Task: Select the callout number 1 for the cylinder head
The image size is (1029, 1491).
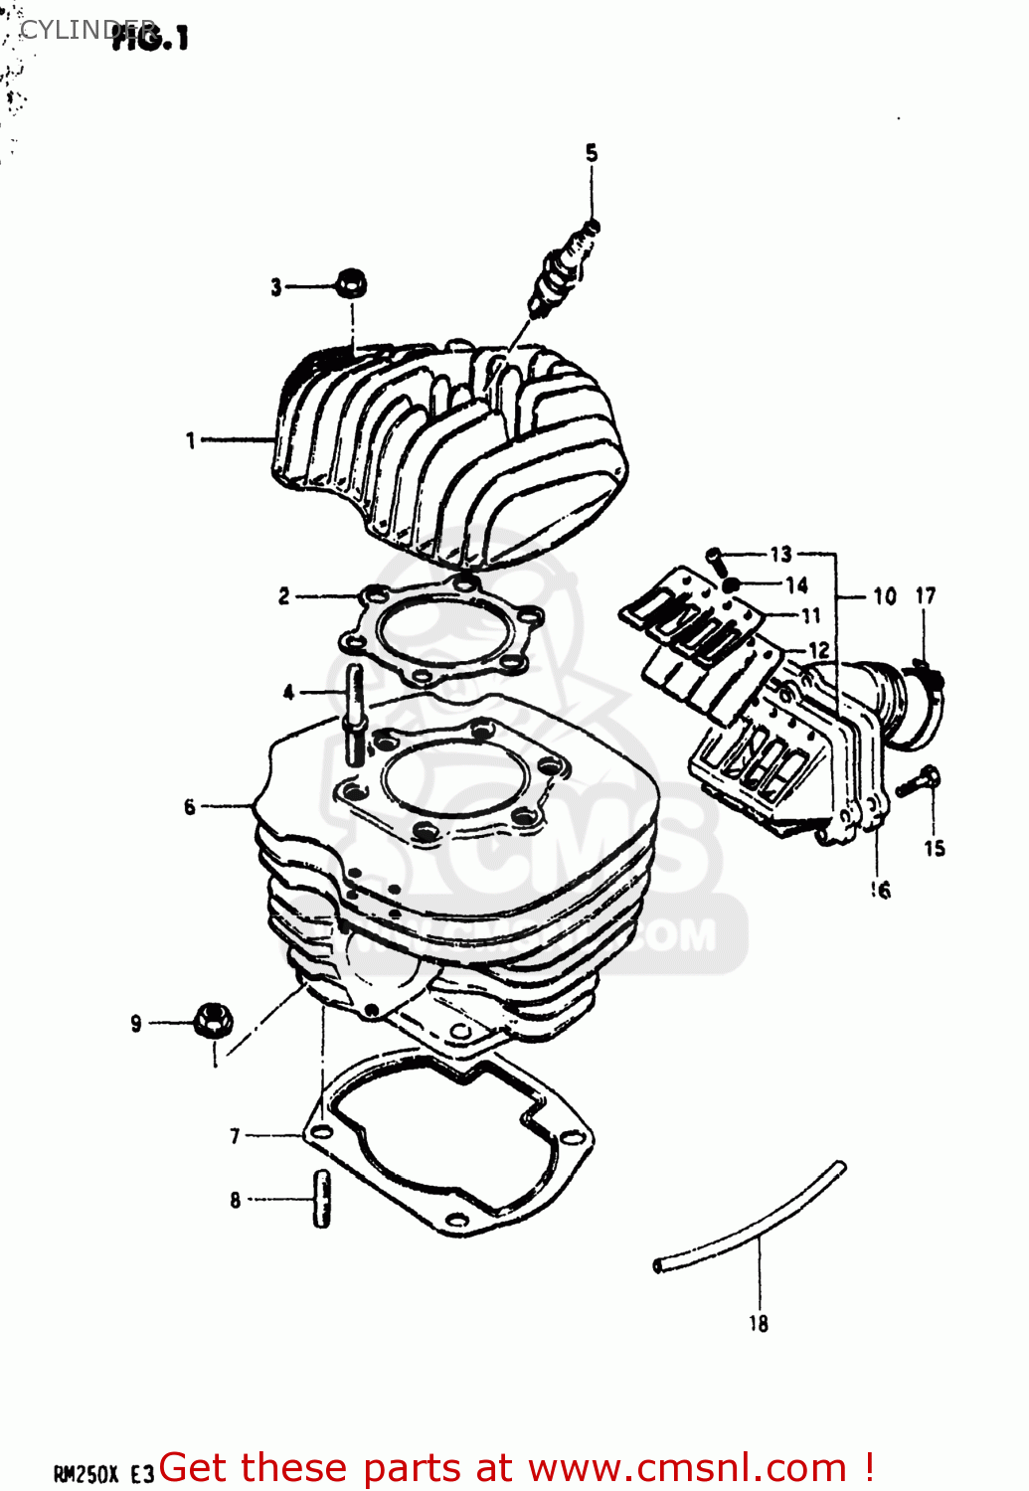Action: click(x=191, y=439)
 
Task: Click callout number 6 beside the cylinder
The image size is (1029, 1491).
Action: click(x=189, y=807)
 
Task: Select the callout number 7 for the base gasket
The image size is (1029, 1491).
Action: click(x=235, y=1135)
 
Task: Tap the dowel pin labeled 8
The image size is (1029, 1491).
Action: click(x=321, y=1199)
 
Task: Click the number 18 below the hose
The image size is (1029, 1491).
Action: click(x=759, y=1323)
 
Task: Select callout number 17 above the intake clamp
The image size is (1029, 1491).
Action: click(x=925, y=595)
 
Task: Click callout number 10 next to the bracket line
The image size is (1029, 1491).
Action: click(x=884, y=596)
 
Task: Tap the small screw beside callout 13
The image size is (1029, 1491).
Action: click(x=716, y=558)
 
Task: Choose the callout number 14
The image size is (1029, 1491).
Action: click(x=796, y=585)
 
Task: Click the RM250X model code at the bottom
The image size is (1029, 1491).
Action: click(x=86, y=1473)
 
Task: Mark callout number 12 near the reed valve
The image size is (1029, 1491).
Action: click(x=818, y=650)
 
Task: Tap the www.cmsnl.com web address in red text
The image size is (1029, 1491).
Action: click(x=686, y=1468)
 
